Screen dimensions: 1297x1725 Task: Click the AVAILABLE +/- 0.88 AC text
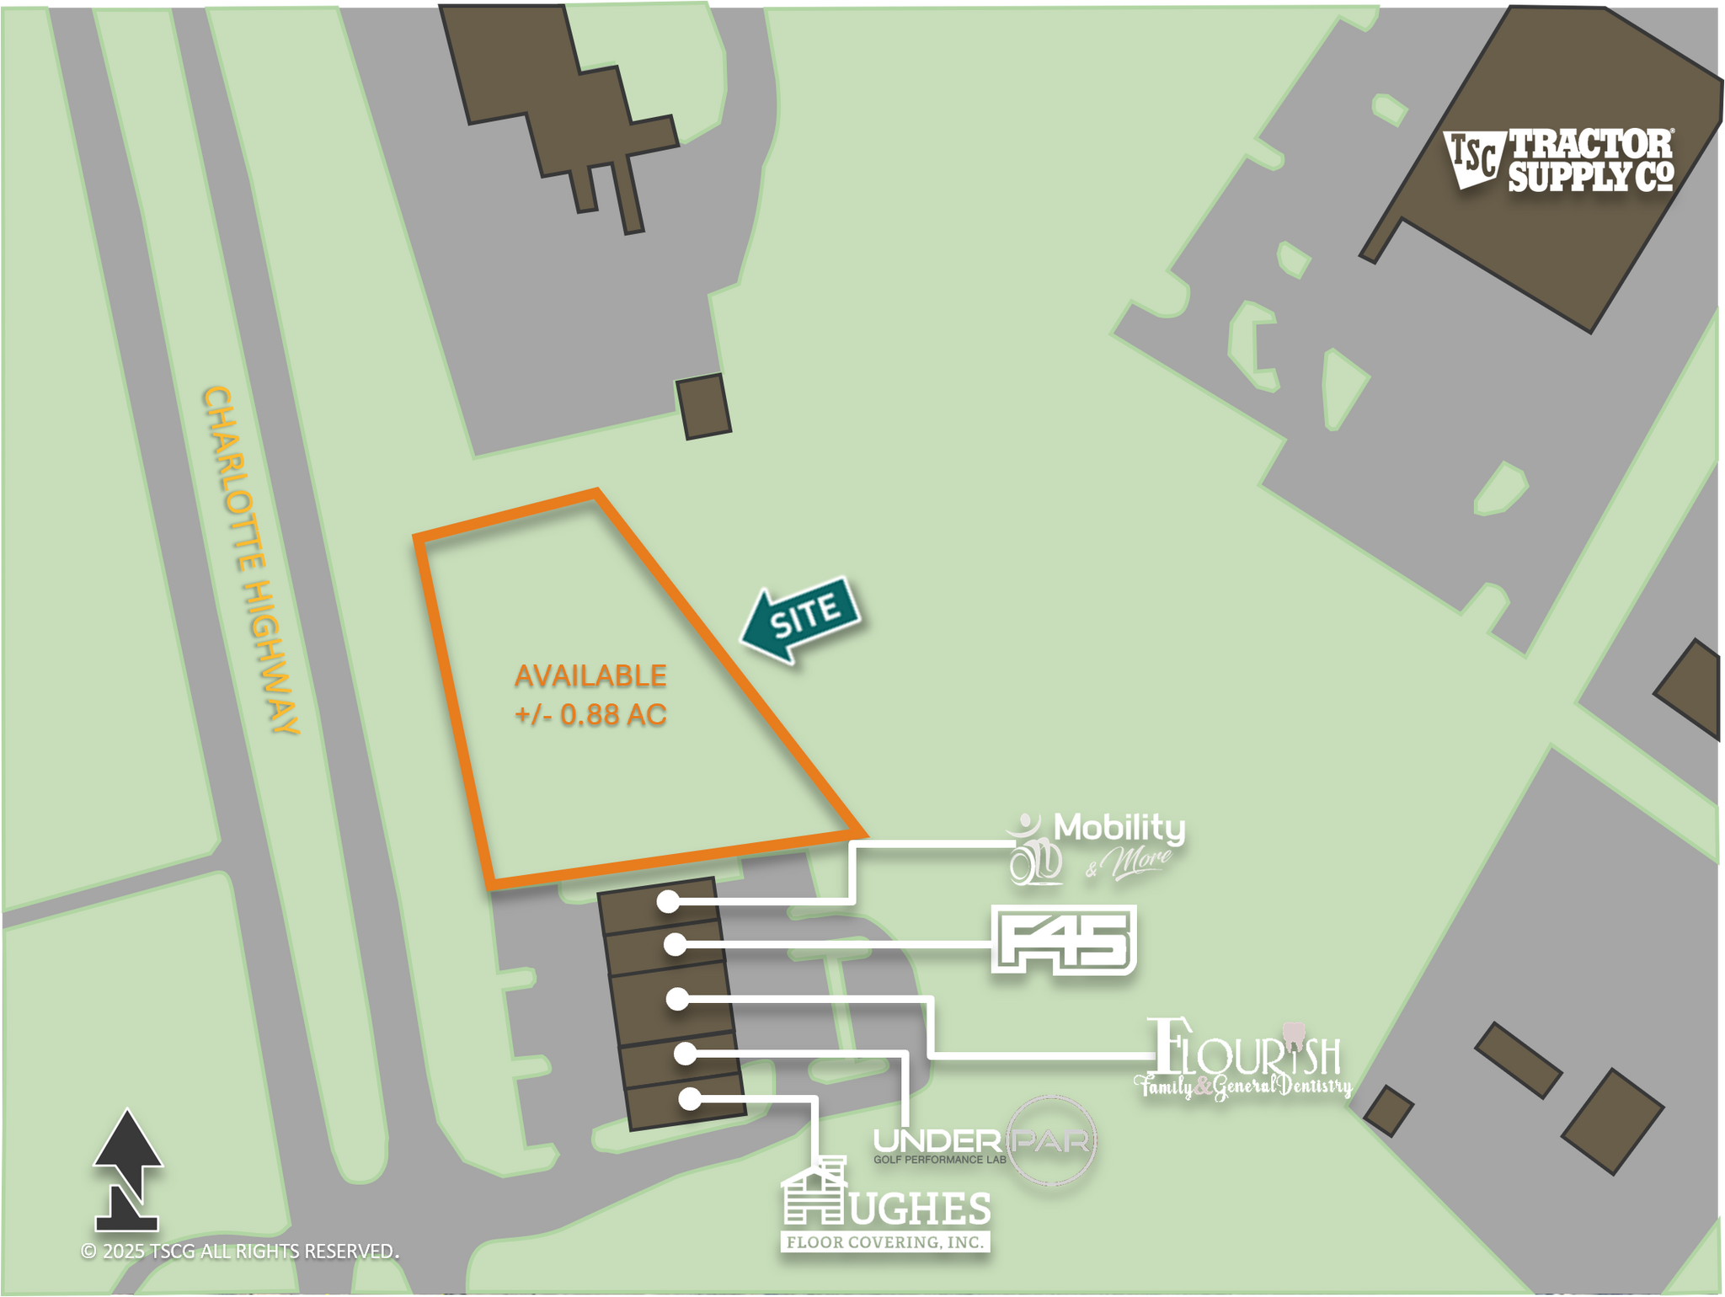(x=590, y=695)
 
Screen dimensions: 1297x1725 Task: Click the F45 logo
(x=1064, y=940)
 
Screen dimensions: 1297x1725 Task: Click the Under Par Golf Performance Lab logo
(x=984, y=1142)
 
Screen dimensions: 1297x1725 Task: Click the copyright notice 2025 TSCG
(x=240, y=1252)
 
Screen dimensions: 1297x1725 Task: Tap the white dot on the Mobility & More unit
(x=668, y=902)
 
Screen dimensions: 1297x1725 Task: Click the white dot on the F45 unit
(x=674, y=945)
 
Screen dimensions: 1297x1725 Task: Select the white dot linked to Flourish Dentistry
(x=676, y=1000)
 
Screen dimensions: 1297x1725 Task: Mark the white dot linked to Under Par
(x=685, y=1054)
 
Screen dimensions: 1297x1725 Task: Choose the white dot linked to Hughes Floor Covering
(x=690, y=1099)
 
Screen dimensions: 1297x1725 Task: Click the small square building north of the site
(x=703, y=407)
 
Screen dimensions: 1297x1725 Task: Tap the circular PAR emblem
(x=1052, y=1141)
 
